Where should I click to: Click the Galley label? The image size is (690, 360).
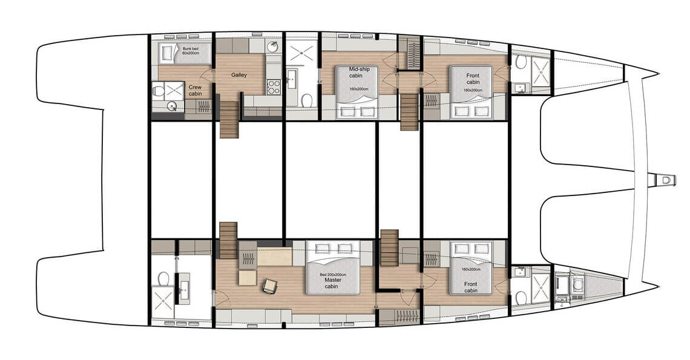coord(239,75)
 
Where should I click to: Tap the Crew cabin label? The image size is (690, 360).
coord(195,90)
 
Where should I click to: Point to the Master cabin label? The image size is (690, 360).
coord(333,283)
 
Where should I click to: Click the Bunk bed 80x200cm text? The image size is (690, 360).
coord(190,51)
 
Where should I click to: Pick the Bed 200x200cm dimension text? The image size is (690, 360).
coord(333,275)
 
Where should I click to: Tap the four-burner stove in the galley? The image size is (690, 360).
coord(273,87)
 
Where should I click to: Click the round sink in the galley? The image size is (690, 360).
coord(274,46)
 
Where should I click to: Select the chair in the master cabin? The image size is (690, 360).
coord(269,287)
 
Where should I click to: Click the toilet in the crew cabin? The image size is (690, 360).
coord(158,91)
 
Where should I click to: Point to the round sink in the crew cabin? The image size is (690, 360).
coord(172,106)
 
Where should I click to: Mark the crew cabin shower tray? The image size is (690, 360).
coord(174,91)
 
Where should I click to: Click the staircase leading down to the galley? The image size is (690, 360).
coord(229,119)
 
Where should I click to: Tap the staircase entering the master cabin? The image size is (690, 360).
coord(228,240)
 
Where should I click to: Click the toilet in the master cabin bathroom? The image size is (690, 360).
coord(163,278)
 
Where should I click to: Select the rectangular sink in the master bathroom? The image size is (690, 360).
coord(183,289)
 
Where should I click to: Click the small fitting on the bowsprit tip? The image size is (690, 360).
coord(666,180)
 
